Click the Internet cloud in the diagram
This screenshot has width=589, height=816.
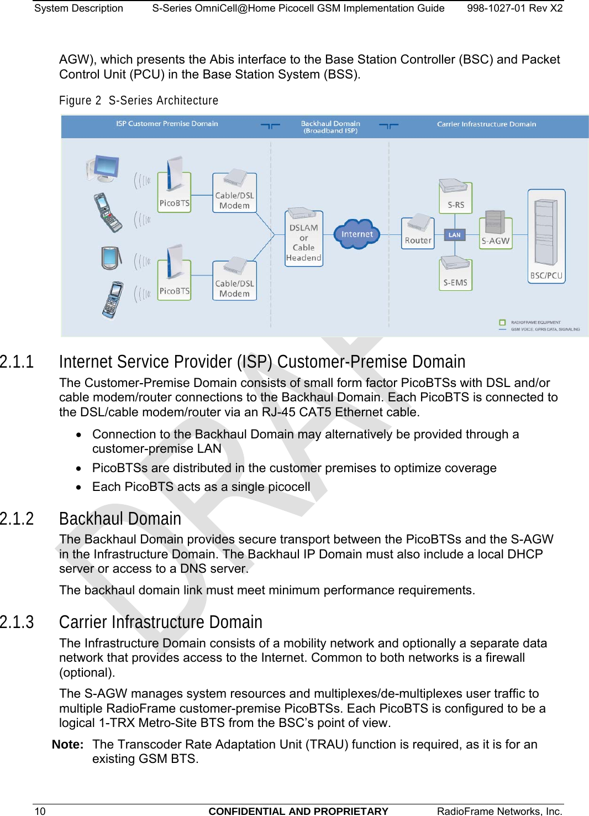point(357,234)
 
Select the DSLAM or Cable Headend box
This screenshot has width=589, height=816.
point(303,239)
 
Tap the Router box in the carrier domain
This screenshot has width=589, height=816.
point(418,234)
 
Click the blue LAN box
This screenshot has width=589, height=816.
point(454,235)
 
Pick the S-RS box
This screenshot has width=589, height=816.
point(455,197)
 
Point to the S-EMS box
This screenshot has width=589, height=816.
point(455,275)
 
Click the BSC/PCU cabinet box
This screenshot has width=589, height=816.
point(546,237)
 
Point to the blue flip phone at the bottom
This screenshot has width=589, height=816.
point(113,300)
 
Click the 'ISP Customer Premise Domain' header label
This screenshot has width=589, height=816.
point(167,124)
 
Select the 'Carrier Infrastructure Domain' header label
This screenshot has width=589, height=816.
point(486,124)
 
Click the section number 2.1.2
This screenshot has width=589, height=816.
point(17,519)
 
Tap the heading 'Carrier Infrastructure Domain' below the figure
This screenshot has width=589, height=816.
point(160,623)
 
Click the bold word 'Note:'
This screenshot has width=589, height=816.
point(67,745)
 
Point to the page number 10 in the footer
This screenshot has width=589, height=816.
point(40,811)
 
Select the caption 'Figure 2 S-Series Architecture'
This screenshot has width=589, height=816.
point(139,101)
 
